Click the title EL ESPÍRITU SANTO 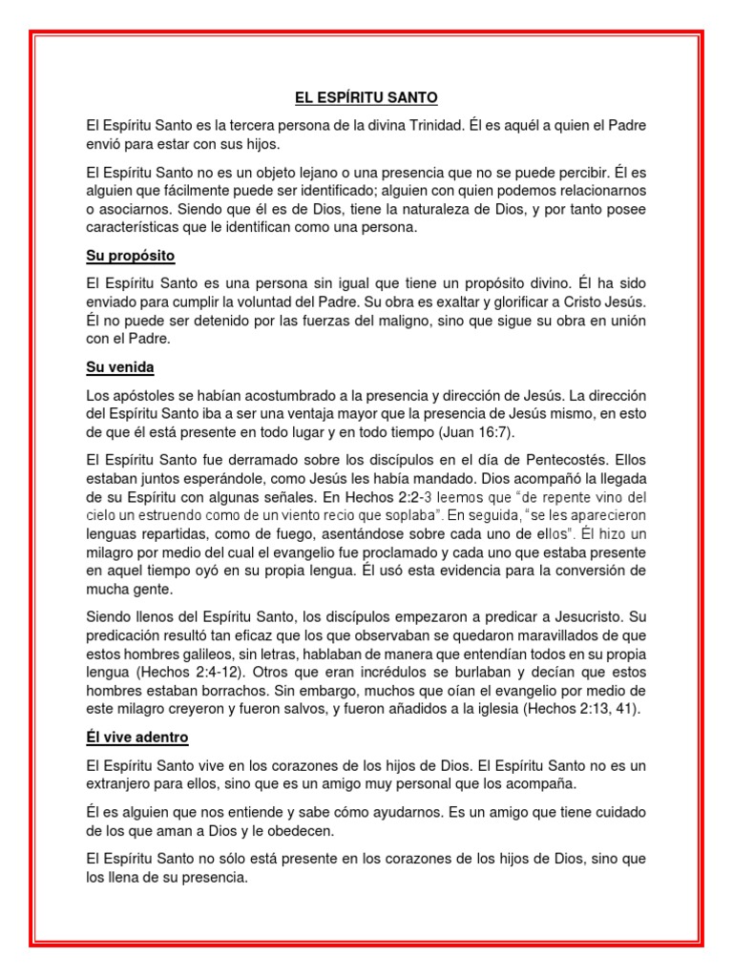[366, 97]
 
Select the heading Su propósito [131, 257]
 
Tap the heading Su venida [119, 366]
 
